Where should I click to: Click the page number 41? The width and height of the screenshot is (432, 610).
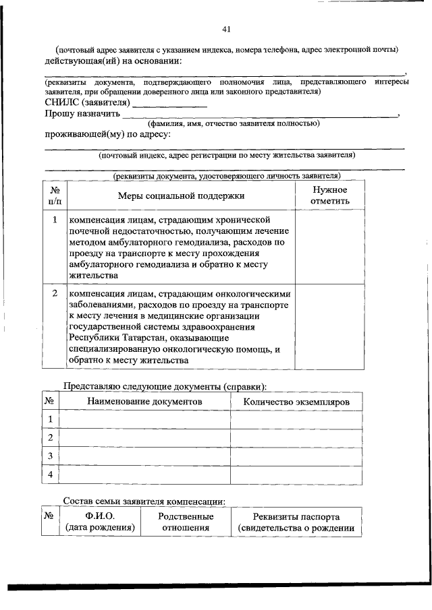[227, 29]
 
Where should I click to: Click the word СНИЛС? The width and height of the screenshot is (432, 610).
[62, 103]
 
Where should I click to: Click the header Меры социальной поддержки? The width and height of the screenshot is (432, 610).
[181, 196]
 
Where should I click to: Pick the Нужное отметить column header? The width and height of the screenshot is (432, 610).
[330, 195]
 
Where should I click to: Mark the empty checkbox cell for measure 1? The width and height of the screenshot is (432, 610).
[330, 247]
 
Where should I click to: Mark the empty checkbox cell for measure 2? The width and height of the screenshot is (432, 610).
[330, 327]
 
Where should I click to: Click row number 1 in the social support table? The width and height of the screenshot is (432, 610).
[55, 220]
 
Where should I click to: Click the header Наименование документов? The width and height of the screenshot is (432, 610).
[144, 401]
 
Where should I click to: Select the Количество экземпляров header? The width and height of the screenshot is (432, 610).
[296, 401]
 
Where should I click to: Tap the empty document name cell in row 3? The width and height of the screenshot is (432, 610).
[144, 456]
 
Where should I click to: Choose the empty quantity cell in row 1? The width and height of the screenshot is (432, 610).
[296, 419]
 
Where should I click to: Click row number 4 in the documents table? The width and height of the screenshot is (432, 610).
[50, 475]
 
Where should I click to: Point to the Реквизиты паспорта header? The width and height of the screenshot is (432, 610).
[296, 517]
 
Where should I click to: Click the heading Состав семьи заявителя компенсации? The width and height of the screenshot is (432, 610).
[144, 501]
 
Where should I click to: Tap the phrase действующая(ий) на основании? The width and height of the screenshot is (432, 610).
[111, 61]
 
